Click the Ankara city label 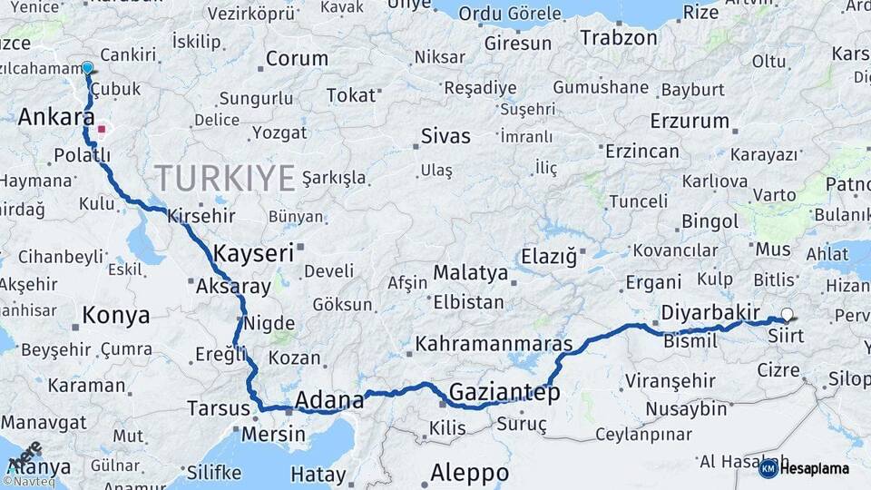pyautogui.click(x=56, y=117)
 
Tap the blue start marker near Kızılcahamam pyautogui.click(x=87, y=68)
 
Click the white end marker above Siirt pyautogui.click(x=787, y=315)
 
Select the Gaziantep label pyautogui.click(x=504, y=392)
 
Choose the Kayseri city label pyautogui.click(x=254, y=253)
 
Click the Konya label pyautogui.click(x=116, y=315)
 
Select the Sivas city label pyautogui.click(x=445, y=136)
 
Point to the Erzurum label pyautogui.click(x=690, y=121)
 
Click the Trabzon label pyautogui.click(x=619, y=38)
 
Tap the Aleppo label pyautogui.click(x=469, y=473)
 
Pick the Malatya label pyautogui.click(x=470, y=272)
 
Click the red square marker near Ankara pyautogui.click(x=103, y=129)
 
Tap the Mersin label pyautogui.click(x=273, y=434)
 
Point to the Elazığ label pyautogui.click(x=548, y=257)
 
